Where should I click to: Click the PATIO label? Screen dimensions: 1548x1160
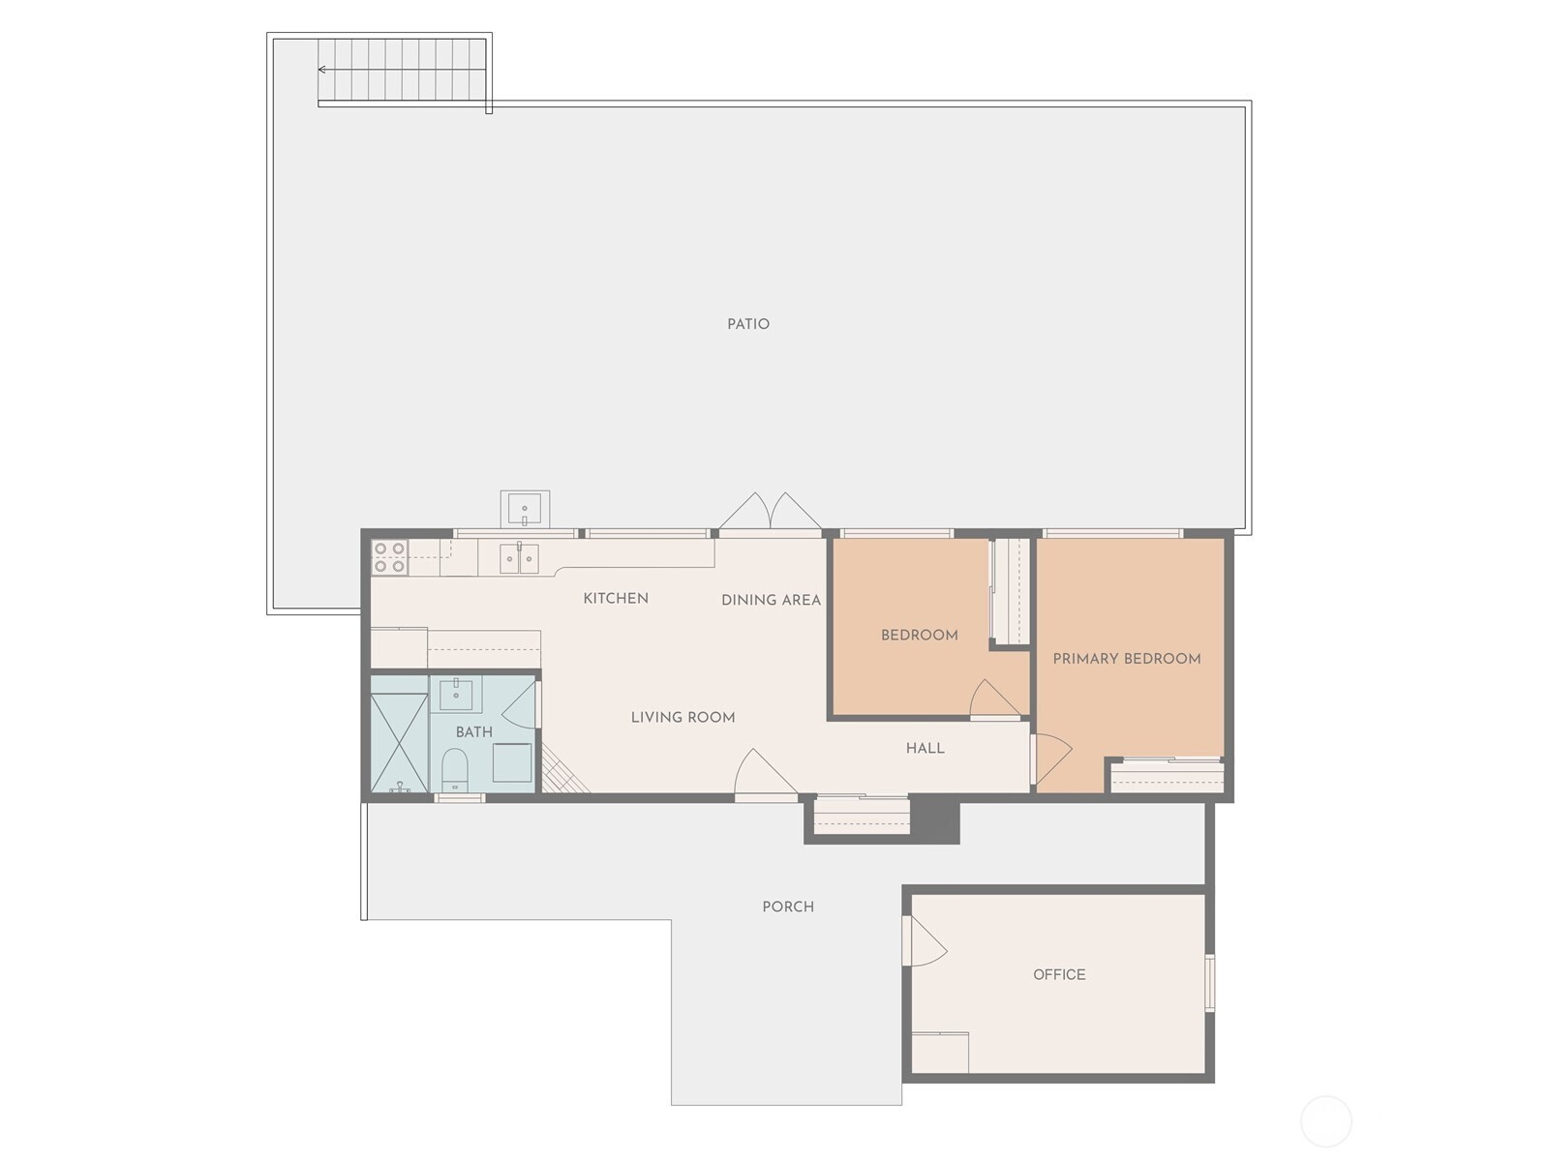coord(748,324)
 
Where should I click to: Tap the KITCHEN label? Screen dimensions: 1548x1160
coord(616,598)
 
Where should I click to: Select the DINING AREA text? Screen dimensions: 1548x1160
coord(771,600)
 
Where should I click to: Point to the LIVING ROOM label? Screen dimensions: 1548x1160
coord(683,718)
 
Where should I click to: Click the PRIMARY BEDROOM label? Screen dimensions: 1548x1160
coord(1126,659)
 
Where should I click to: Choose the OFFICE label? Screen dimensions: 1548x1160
coord(1059,974)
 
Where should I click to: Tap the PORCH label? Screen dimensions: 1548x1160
coord(788,907)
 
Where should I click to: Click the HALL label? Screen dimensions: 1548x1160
coord(925,749)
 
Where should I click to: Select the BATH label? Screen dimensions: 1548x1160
coord(474,732)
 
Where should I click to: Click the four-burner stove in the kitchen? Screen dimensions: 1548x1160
coord(390,557)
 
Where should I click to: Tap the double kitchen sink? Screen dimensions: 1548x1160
coord(519,559)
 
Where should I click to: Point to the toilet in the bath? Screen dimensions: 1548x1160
coord(455,770)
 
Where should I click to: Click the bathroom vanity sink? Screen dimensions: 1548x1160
coord(456,695)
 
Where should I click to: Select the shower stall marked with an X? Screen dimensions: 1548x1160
coord(399,743)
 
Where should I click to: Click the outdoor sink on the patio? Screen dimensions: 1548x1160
coord(525,509)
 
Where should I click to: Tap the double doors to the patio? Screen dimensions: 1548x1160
coord(770,512)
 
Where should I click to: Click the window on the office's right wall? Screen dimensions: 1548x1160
coord(1209,982)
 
